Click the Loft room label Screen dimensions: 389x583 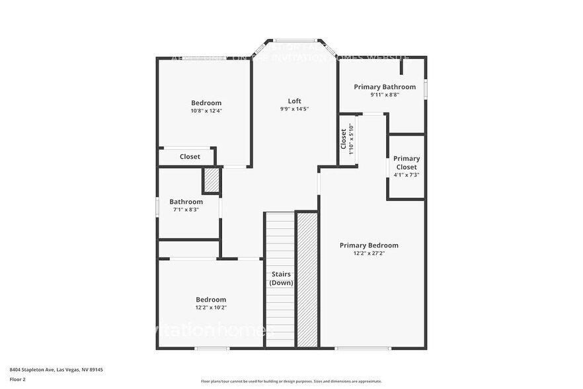coord(295,101)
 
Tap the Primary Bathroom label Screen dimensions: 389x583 coord(385,87)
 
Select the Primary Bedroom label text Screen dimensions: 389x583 coord(369,245)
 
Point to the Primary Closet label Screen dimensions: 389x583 coord(407,163)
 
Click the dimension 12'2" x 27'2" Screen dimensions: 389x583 coord(369,253)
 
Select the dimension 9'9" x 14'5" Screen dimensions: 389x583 coord(295,109)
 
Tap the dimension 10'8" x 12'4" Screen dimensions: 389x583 coord(206,110)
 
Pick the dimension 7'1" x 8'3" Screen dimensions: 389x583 coord(186,210)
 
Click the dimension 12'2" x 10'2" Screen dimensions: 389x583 coord(211,307)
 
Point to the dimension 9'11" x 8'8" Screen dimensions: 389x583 coord(385,95)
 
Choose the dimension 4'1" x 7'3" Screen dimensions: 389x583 coord(407,175)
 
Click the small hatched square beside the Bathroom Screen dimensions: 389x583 coord(211,180)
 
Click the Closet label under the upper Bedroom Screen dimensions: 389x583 coord(190,157)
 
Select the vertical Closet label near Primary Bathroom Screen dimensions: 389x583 coord(344,140)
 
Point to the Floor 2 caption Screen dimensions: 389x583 coord(17,380)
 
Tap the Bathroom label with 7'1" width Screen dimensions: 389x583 coord(186,202)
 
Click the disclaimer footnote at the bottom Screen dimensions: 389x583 coord(290,381)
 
